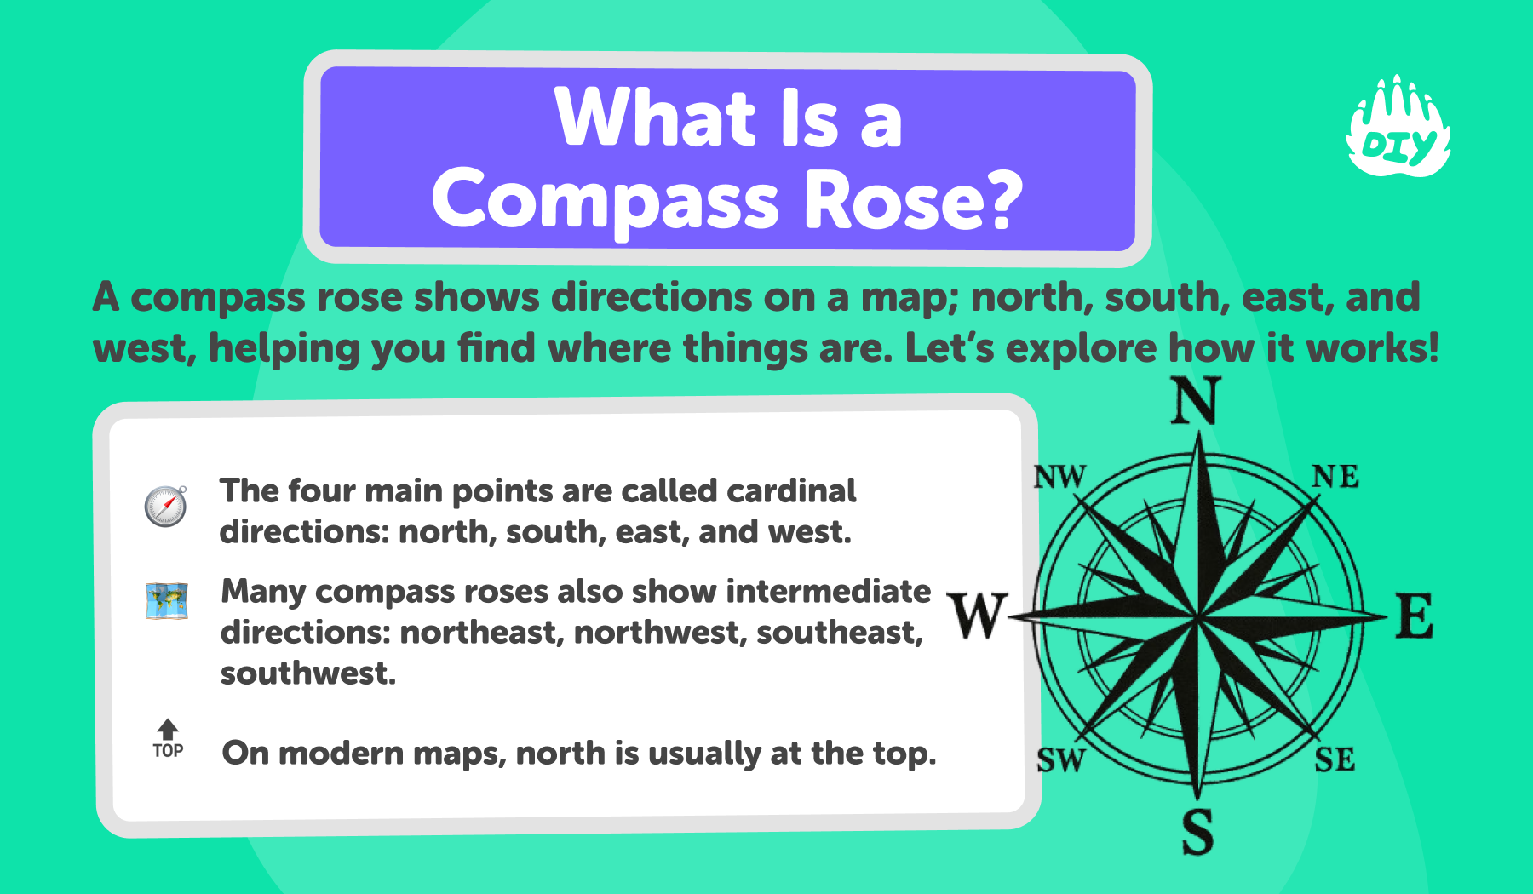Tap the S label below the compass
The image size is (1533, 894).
[x=1197, y=832]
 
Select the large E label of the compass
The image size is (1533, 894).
[x=1415, y=616]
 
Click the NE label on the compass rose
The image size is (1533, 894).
[x=1335, y=477]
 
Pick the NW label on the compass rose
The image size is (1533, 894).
[x=1059, y=477]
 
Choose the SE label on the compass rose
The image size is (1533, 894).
[x=1335, y=759]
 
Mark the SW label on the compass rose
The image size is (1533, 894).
[x=1061, y=759]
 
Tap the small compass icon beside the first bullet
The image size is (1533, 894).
[x=165, y=507]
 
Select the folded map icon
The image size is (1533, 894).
[x=167, y=601]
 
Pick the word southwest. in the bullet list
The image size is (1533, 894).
[x=308, y=673]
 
